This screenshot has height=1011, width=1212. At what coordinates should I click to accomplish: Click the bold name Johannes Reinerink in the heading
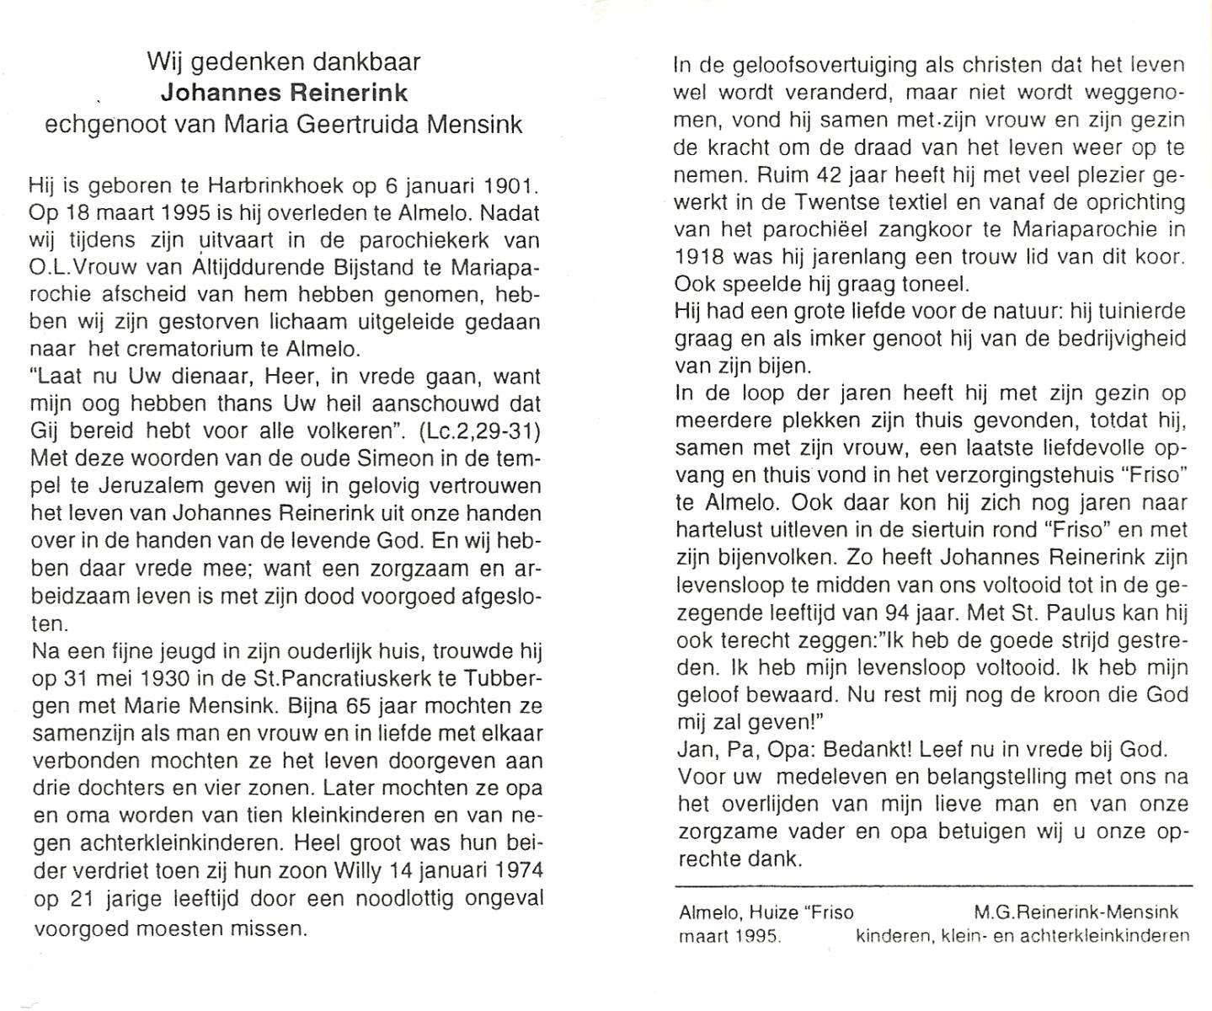click(284, 93)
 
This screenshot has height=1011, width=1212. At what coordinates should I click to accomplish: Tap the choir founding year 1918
click(698, 257)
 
